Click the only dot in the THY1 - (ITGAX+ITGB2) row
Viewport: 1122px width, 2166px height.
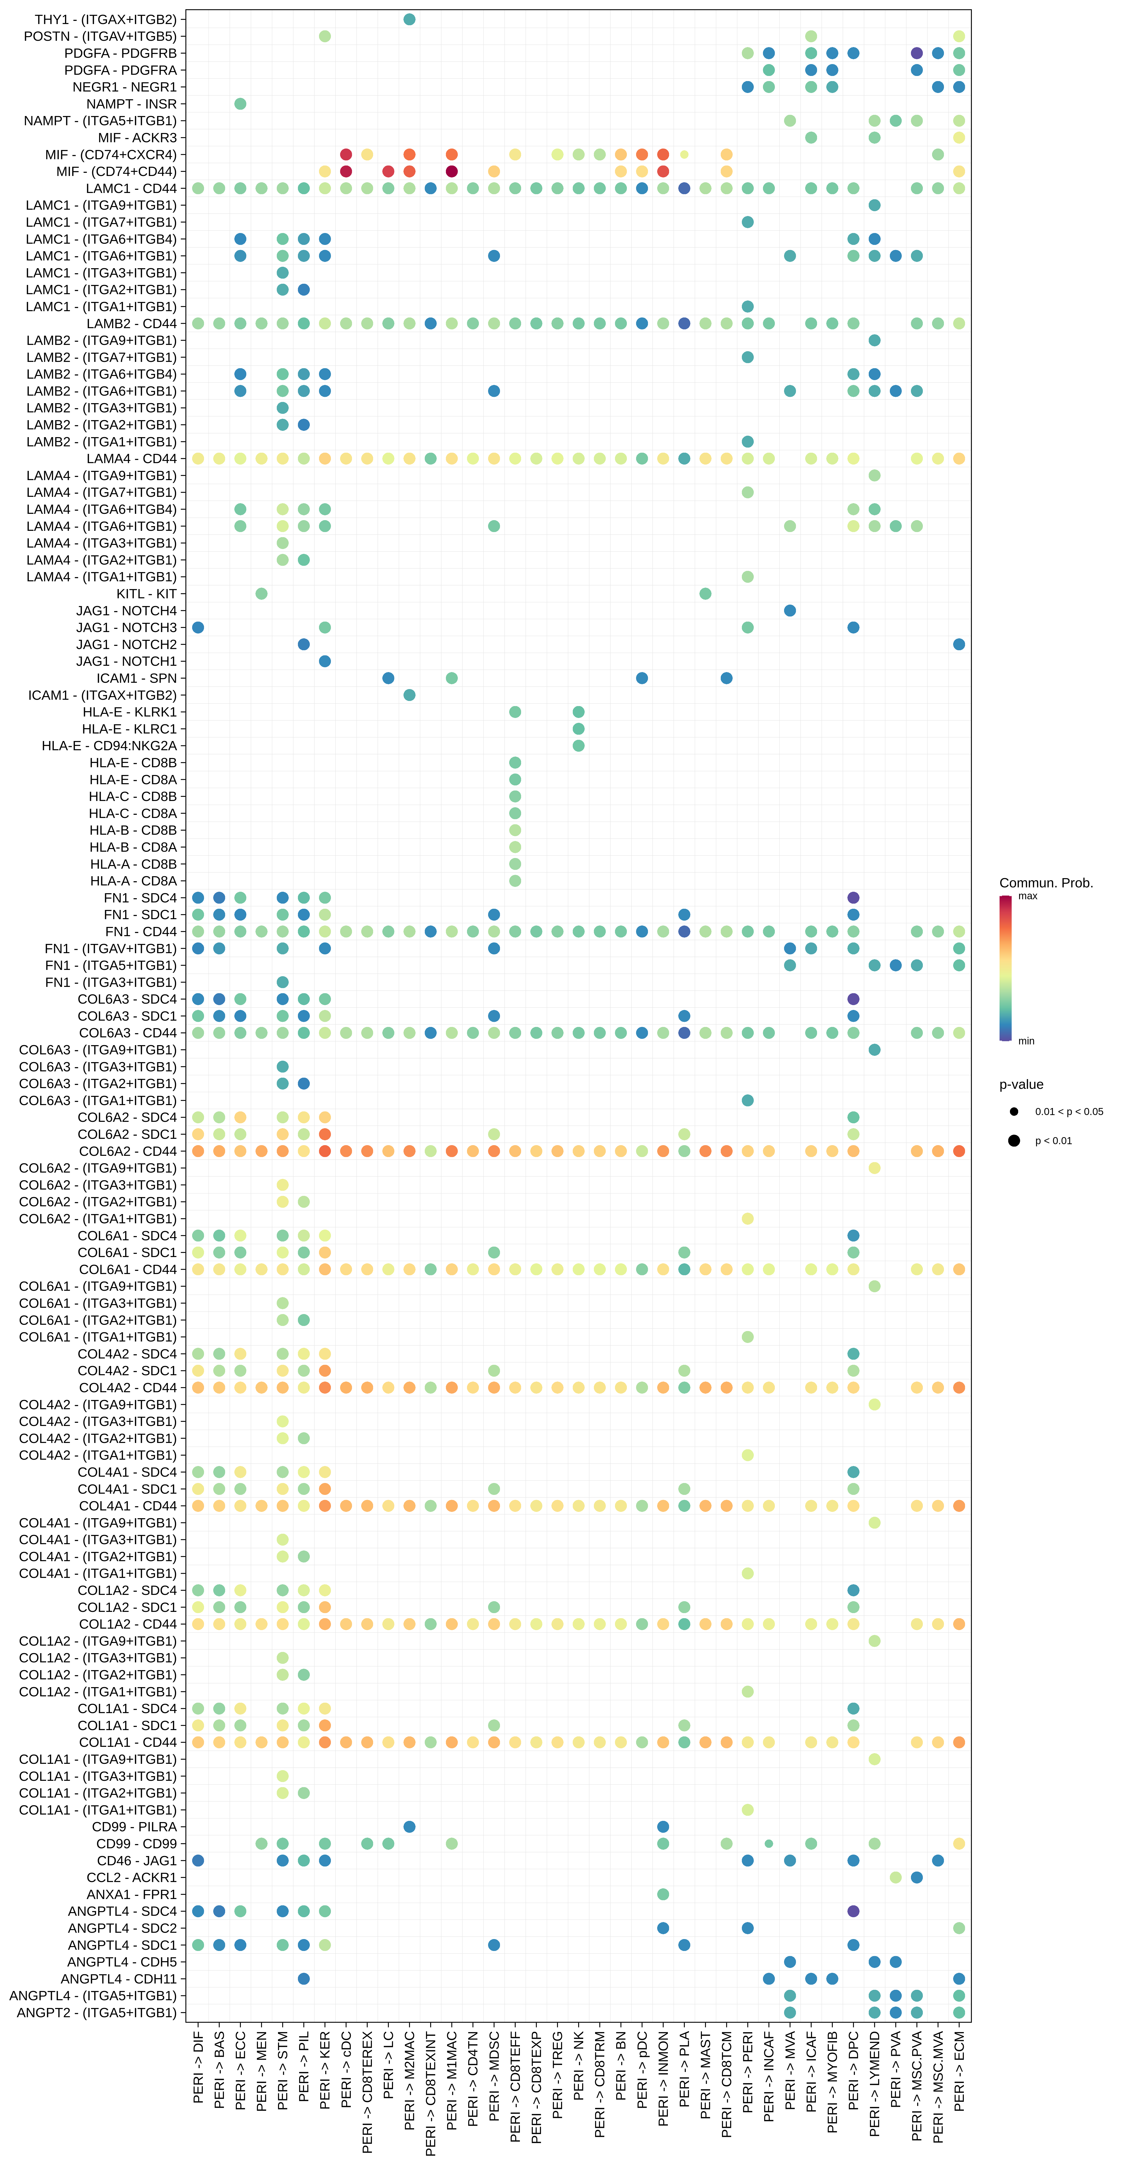409,19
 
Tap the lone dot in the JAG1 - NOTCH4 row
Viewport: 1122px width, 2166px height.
790,610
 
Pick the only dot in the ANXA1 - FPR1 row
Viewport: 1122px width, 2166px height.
663,1894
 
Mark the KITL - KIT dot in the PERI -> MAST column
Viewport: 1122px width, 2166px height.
705,594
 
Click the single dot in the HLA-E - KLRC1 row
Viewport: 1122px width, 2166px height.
578,729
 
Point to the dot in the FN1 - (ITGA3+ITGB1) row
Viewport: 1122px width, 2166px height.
282,982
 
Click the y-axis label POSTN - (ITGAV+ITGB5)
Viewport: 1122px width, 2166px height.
100,36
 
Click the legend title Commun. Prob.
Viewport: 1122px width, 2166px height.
1046,883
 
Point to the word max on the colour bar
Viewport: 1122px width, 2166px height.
1027,896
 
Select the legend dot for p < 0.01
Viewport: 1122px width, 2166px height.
1015,1141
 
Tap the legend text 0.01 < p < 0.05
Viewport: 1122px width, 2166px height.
1069,1112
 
